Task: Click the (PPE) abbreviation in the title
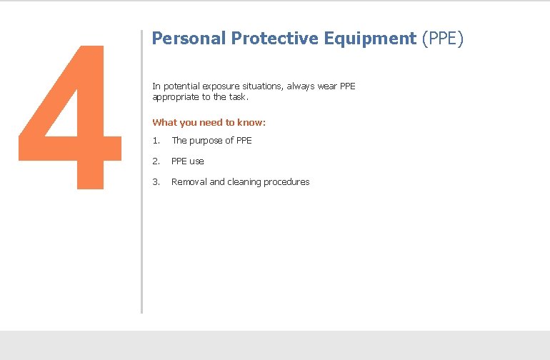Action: pos(443,39)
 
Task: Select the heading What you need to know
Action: pos(209,123)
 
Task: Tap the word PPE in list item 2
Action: pos(179,161)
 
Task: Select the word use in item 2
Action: pos(196,161)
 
